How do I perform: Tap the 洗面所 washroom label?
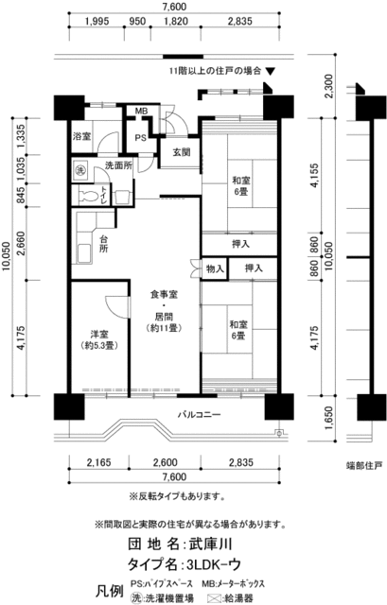[118, 165]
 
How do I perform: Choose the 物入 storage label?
[215, 269]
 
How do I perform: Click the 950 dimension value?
[136, 21]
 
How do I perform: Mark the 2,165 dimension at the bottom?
[99, 461]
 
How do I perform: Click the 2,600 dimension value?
[165, 461]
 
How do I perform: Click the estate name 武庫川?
[200, 545]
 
